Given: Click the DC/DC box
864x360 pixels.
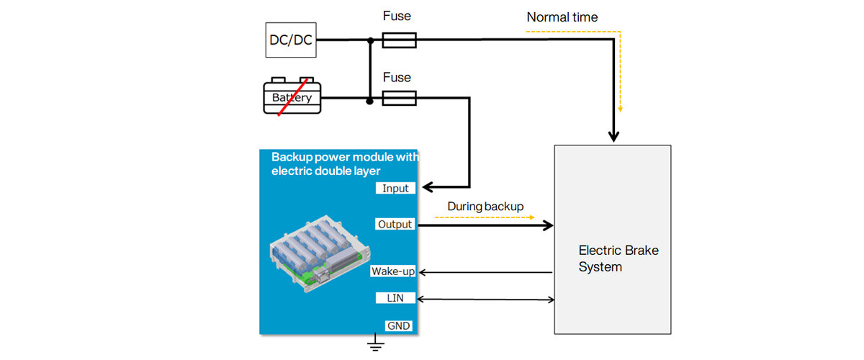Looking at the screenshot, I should coord(291,40).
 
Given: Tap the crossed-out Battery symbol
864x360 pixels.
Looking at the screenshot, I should coord(292,96).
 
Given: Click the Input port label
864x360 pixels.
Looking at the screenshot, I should coord(395,189).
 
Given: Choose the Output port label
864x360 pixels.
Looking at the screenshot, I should coord(395,225).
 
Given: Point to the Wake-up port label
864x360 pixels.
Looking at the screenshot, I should coord(392,271).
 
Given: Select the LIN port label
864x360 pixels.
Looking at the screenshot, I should coord(395,298).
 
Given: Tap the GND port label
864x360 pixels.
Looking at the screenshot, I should coord(398,326).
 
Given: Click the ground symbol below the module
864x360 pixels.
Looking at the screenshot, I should coord(374,344).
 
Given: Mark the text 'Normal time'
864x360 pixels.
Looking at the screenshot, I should coord(562,17).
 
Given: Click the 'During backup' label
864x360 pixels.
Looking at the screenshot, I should coord(485,207).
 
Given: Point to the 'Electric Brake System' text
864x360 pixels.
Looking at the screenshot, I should coord(618,258).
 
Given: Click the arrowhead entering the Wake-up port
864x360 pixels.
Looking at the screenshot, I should coord(423,272).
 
